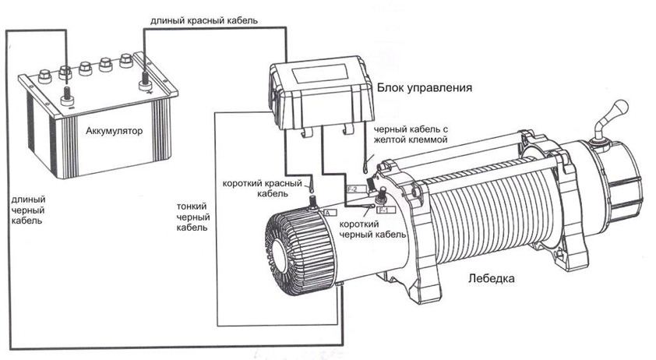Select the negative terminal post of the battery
(x=65, y=97)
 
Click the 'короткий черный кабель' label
(x=372, y=229)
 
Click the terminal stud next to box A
(x=313, y=204)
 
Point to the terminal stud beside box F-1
(x=383, y=195)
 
